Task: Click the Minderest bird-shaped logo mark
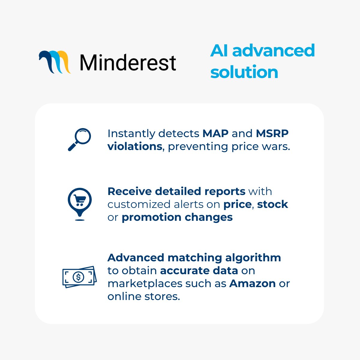click(x=55, y=62)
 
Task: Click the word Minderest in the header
click(x=128, y=62)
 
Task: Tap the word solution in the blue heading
click(x=244, y=72)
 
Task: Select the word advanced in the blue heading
click(x=274, y=50)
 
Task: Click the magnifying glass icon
click(x=79, y=139)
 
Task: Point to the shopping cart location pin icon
click(x=80, y=204)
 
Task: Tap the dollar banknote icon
click(x=79, y=277)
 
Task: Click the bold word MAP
click(x=215, y=133)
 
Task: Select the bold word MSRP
click(x=272, y=133)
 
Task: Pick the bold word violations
click(x=135, y=146)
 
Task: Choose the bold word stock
click(x=272, y=204)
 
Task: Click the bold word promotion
click(x=151, y=217)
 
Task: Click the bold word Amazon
click(x=252, y=283)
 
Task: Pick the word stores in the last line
click(x=162, y=297)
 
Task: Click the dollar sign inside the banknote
click(x=79, y=277)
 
